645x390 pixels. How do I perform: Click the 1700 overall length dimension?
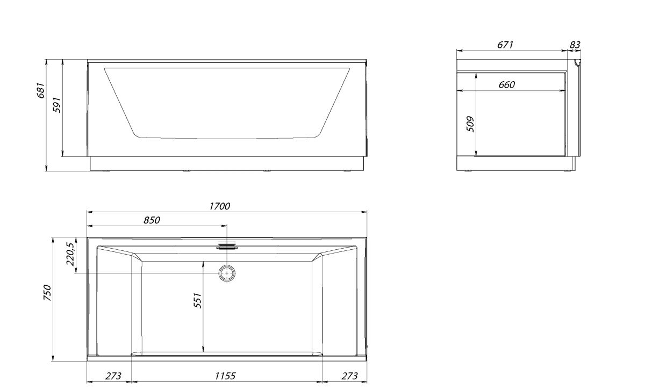click(x=219, y=206)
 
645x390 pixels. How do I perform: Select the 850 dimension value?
click(x=152, y=220)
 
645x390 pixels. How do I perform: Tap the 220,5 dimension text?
click(x=70, y=254)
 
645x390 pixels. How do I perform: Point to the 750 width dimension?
click(x=47, y=293)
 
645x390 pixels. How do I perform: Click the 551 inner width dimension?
click(x=198, y=300)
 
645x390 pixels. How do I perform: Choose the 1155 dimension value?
click(x=225, y=376)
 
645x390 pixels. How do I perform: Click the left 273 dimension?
click(x=113, y=376)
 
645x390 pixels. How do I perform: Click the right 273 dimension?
click(x=349, y=376)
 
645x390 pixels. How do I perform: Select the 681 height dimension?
click(x=41, y=90)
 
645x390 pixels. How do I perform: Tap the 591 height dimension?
click(x=58, y=105)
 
